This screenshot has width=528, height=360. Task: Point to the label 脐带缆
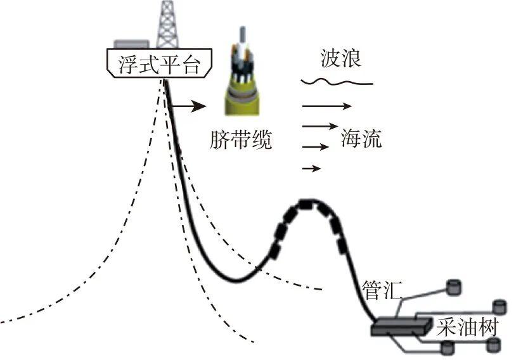[240, 140]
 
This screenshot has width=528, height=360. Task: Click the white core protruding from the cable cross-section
[241, 38]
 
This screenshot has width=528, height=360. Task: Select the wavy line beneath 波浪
[336, 82]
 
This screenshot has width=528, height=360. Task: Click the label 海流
[361, 138]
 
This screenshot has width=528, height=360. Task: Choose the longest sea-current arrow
[326, 105]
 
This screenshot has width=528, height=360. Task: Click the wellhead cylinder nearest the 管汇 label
[454, 286]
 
